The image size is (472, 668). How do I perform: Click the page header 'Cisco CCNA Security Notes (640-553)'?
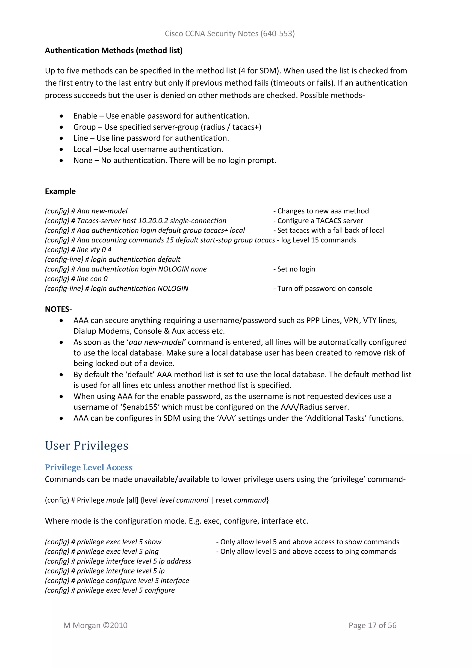(230, 34)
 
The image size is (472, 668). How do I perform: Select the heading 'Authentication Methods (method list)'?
(114, 51)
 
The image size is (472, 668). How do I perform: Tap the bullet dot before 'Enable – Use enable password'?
(61, 116)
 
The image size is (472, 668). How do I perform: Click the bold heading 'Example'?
(60, 191)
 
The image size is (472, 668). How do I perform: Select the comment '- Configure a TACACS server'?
(318, 221)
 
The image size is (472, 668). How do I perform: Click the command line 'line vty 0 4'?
(94, 250)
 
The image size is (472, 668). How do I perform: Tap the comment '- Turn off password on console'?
(323, 289)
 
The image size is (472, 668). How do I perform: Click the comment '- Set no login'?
(294, 269)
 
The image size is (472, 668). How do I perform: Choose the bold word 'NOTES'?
(57, 309)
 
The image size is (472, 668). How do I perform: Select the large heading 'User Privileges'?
(87, 446)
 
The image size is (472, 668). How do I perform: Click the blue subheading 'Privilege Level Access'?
(89, 468)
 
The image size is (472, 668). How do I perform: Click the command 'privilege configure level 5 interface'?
(133, 581)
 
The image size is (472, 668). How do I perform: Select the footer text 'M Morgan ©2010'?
(95, 626)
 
